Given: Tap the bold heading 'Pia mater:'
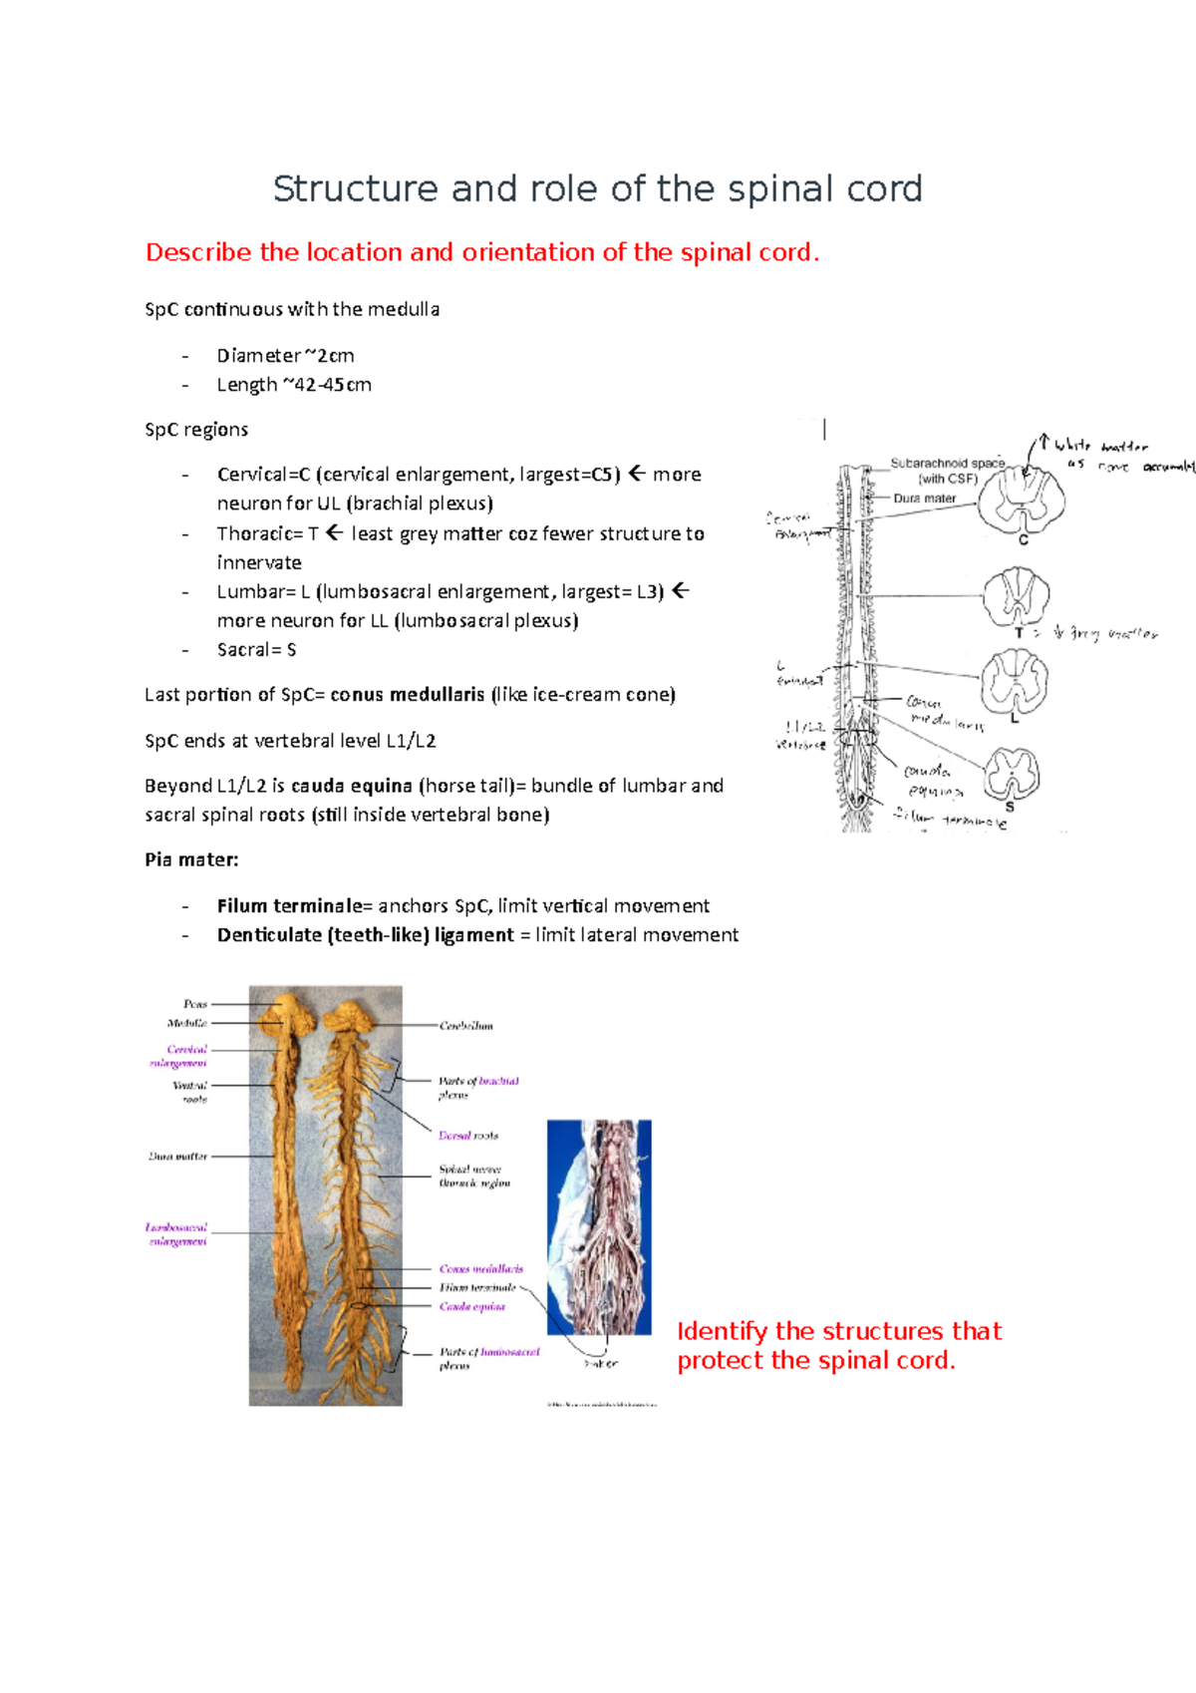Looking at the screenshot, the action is [191, 859].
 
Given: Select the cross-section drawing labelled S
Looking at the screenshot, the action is [1012, 773].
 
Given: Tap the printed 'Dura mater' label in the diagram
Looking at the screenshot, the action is [924, 499].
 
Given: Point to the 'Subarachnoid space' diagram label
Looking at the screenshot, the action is [947, 464].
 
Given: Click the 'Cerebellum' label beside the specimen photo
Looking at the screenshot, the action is [465, 1025].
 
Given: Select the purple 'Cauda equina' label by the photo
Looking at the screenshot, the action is [472, 1306].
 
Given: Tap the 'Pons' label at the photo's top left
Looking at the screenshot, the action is [195, 1004].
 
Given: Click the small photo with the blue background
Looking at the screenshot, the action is [599, 1226].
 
